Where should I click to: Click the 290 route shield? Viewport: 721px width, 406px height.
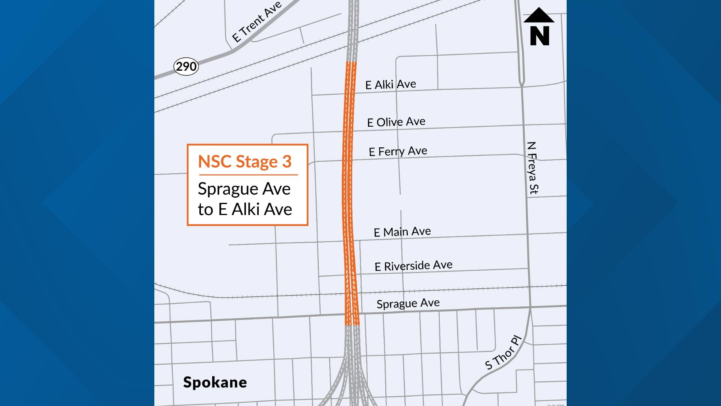point(186,67)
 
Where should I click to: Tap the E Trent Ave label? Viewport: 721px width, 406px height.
point(256,22)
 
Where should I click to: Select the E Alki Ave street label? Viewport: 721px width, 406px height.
point(391,84)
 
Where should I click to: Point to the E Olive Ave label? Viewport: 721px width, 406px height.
point(396,122)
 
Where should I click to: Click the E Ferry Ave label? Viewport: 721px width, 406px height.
point(398,151)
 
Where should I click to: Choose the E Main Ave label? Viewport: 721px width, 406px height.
point(402,232)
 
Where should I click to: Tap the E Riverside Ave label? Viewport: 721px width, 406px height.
point(413,266)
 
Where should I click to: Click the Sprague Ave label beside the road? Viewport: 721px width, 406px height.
point(408,303)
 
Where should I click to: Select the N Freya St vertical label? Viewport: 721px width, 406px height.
point(532,168)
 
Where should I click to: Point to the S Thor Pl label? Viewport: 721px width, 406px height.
point(503,354)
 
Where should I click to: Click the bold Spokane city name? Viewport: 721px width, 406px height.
point(215,382)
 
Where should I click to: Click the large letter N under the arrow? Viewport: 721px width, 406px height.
point(540,36)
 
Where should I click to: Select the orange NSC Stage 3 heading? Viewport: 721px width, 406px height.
point(244,162)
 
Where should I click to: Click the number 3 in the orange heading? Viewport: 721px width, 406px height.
point(287,162)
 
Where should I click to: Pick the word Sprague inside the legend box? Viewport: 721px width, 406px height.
point(226,189)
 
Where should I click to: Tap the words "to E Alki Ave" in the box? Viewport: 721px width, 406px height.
point(245,209)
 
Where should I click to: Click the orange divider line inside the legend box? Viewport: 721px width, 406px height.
point(248,175)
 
